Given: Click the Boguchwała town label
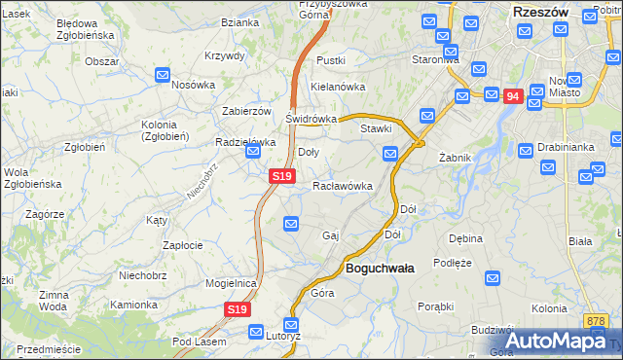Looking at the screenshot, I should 380,268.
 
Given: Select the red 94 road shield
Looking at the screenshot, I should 514,96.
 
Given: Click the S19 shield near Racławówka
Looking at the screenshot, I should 280,176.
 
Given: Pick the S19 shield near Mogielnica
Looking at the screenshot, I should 238,309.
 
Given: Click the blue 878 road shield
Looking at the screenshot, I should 597,320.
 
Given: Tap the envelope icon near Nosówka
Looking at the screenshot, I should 163,74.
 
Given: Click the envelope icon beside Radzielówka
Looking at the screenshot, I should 253,153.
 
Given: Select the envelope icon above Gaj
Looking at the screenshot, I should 291,225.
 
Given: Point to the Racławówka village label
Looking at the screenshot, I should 343,185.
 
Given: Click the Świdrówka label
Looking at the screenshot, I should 311,119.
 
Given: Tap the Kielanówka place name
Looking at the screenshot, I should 336,86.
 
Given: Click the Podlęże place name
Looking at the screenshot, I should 453,263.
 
